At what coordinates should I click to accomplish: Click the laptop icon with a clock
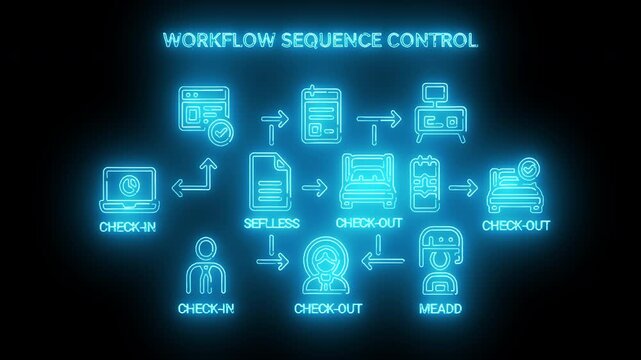click(x=128, y=190)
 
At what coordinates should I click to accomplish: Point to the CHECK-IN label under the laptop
click(x=128, y=227)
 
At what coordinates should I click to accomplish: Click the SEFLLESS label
click(x=272, y=222)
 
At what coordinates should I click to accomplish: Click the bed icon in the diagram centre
click(x=368, y=183)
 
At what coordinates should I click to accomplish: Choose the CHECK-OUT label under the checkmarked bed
click(x=515, y=224)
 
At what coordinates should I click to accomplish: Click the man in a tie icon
click(x=206, y=263)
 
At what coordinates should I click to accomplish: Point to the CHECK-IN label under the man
click(x=206, y=308)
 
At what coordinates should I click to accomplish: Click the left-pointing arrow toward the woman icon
click(x=382, y=262)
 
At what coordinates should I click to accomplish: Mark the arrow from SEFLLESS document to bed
click(x=314, y=186)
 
